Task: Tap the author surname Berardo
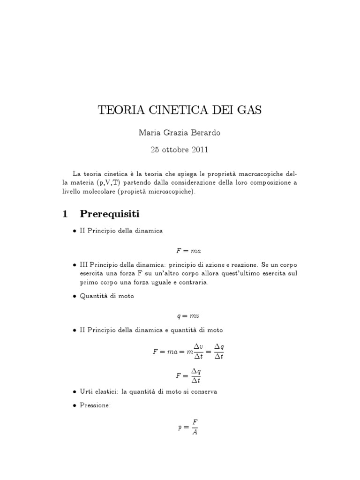tap(204, 133)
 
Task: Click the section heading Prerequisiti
tap(110, 214)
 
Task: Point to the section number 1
tap(65, 214)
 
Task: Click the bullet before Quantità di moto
tap(75, 296)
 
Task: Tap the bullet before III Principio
tap(75, 265)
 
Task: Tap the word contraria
tap(195, 283)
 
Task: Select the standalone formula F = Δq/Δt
tap(188, 375)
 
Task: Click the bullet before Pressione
tap(75, 405)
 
